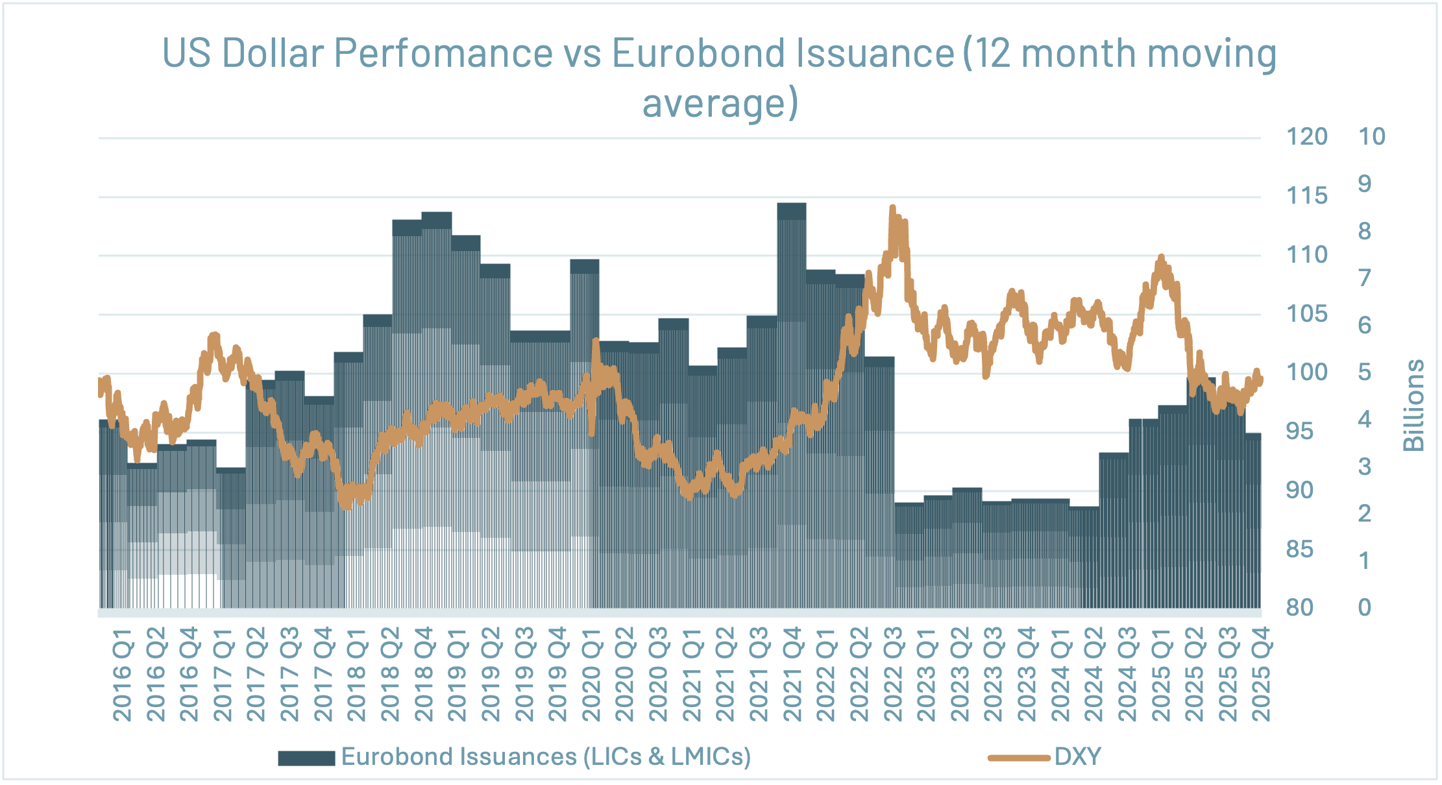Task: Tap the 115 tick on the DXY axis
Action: [1306, 196]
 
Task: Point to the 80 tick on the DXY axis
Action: [1299, 608]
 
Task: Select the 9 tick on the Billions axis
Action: [1364, 184]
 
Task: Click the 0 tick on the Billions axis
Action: [1364, 608]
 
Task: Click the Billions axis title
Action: [1413, 405]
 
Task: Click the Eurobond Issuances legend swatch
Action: [306, 758]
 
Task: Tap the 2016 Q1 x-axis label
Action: [122, 675]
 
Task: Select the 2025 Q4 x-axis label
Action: [1261, 675]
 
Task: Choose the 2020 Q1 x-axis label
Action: [591, 675]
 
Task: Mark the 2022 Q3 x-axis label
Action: [893, 675]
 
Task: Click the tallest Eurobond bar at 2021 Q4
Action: [792, 214]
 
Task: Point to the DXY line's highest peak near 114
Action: [892, 209]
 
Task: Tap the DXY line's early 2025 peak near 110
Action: [1161, 258]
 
